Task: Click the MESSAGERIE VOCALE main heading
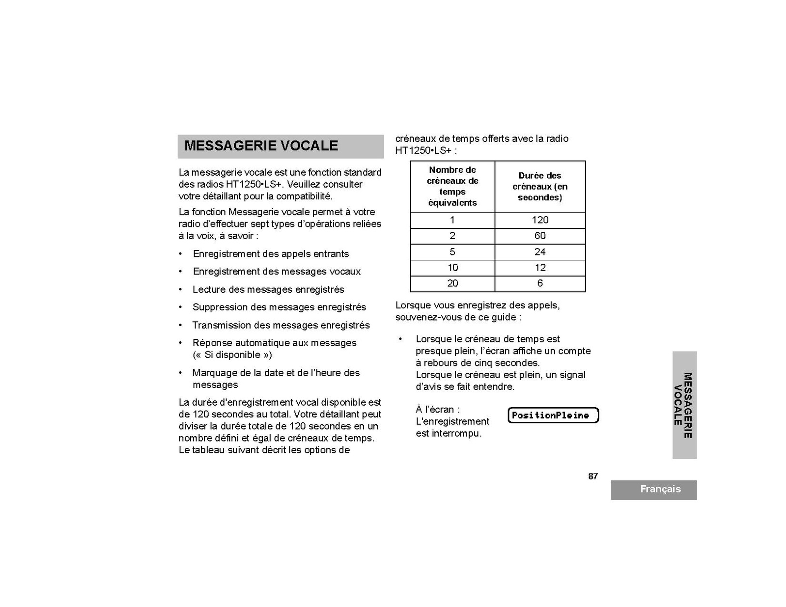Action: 261,146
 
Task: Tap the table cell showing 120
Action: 540,220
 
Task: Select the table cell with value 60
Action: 540,236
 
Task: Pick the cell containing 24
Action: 540,252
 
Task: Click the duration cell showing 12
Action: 540,268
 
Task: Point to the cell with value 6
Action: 540,283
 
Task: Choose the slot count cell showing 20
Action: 452,283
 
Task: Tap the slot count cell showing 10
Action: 452,268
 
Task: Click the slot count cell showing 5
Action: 452,252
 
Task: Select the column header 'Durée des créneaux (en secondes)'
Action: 540,187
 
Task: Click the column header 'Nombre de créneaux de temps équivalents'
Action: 452,186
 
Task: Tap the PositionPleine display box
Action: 553,415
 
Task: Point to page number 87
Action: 593,476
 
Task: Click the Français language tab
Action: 660,489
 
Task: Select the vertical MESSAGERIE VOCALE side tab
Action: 684,405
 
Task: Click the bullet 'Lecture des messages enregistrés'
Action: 268,290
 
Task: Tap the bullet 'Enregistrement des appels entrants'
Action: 271,254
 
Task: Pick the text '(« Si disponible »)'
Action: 232,355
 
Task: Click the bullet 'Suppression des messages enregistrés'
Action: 279,307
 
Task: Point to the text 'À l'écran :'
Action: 438,410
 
